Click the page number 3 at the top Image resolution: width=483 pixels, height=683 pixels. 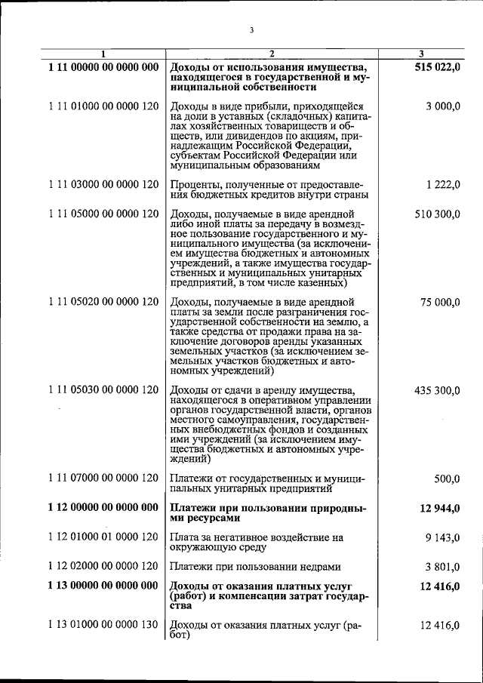(251, 30)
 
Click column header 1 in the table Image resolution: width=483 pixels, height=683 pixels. (103, 54)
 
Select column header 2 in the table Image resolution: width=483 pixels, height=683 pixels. (271, 54)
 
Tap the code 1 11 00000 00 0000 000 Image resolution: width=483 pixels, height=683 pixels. (103, 67)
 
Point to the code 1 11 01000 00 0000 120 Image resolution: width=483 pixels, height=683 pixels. (103, 106)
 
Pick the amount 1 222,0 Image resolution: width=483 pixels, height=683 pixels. (442, 185)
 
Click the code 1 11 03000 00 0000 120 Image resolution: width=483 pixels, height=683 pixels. (103, 185)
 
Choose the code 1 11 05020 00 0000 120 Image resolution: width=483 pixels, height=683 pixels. (103, 302)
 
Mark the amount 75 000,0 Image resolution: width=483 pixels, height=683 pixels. (441, 302)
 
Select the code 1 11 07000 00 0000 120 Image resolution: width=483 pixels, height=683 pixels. (103, 478)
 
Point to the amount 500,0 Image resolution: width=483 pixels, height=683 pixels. (447, 478)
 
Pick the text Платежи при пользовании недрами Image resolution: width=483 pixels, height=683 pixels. (255, 567)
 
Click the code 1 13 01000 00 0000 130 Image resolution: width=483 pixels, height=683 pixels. (103, 626)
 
